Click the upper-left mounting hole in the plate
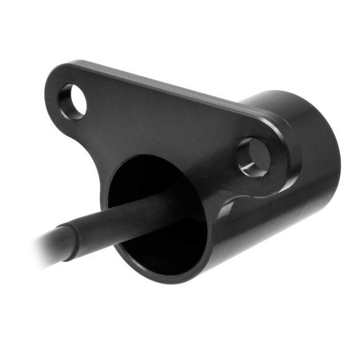73,101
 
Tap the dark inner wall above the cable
155,177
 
